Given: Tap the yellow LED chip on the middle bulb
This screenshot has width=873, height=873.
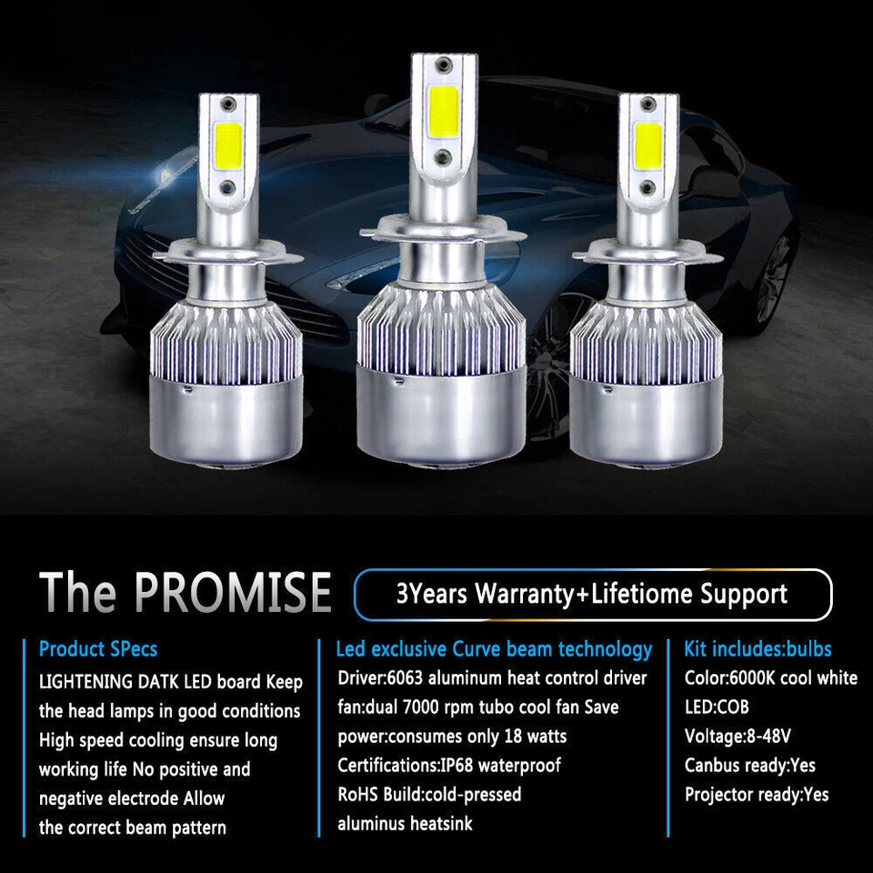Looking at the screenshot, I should point(443,102).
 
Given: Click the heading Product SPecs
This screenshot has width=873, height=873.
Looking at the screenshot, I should point(98,649).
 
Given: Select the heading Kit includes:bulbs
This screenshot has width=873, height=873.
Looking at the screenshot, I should point(758,649).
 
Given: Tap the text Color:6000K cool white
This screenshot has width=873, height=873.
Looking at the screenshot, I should point(770,677).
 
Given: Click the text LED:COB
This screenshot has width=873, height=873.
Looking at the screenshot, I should point(717,707).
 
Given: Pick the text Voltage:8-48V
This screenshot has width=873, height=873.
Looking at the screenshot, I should point(738,736).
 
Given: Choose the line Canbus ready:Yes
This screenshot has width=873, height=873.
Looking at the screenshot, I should point(749,765).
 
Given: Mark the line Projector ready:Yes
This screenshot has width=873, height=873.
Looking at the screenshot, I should point(757,794).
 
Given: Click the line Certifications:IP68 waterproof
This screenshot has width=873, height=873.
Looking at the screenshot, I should point(449,765).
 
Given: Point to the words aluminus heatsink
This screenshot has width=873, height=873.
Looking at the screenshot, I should point(405,824).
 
